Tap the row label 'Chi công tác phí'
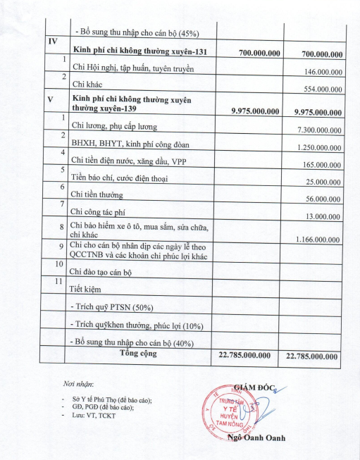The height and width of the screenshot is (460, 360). (x=101, y=211)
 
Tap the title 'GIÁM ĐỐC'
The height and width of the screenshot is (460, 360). (x=258, y=385)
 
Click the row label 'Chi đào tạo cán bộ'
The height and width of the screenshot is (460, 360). (x=101, y=271)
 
